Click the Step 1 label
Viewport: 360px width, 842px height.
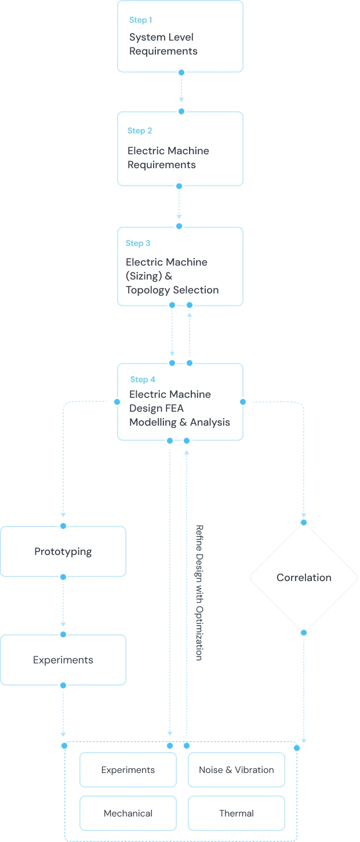(140, 20)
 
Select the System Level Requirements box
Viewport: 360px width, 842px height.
(180, 37)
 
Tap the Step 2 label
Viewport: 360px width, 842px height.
(140, 131)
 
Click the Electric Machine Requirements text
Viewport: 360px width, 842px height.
(168, 158)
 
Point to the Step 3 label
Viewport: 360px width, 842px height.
(138, 244)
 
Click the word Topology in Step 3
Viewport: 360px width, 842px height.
(148, 290)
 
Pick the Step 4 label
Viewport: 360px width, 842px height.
(143, 380)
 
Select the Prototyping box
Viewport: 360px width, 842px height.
(63, 551)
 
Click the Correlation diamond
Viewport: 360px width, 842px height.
(304, 578)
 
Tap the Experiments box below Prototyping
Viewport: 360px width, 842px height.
(63, 660)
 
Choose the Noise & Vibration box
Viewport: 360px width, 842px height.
(237, 770)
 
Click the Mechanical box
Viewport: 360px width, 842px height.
(128, 814)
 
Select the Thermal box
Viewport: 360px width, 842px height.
(237, 814)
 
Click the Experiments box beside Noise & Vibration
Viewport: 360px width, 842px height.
(128, 770)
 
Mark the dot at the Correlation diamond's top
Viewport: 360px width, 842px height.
(304, 522)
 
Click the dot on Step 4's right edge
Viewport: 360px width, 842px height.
(243, 401)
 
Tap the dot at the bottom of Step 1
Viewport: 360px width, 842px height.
(181, 72)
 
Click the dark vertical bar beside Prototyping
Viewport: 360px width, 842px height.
(199, 593)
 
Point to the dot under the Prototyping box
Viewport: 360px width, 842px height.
(63, 577)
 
